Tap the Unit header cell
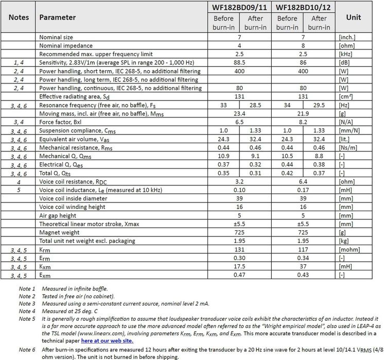tap(353, 17)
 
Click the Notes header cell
tap(19, 17)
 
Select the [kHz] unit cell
tap(346, 54)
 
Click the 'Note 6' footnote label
tap(27, 350)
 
